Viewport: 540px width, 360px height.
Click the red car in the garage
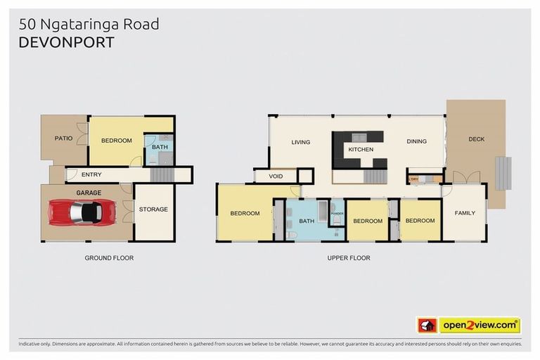[x=83, y=210]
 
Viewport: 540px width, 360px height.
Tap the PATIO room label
[x=64, y=139]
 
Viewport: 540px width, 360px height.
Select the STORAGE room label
[x=153, y=210]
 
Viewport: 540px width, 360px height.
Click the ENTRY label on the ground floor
[x=91, y=174]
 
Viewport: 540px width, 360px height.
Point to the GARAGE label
[x=89, y=192]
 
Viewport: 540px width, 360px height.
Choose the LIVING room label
[x=301, y=142]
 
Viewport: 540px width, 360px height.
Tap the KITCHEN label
[x=361, y=150]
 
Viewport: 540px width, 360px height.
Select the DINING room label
[x=416, y=142]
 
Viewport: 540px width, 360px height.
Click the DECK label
[x=476, y=139]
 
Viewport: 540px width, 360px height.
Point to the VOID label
[x=275, y=176]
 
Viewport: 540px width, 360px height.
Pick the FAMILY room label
[x=465, y=213]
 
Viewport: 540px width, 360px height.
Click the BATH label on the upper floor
[x=307, y=221]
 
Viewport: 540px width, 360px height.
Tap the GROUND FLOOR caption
[x=109, y=258]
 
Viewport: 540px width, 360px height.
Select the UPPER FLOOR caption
[x=348, y=258]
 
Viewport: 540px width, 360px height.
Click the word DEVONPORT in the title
[x=66, y=42]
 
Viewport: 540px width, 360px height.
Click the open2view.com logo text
[x=480, y=325]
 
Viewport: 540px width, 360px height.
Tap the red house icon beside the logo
[x=427, y=325]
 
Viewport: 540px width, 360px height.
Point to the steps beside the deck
[x=503, y=172]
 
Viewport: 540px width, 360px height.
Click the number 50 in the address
[x=27, y=25]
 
